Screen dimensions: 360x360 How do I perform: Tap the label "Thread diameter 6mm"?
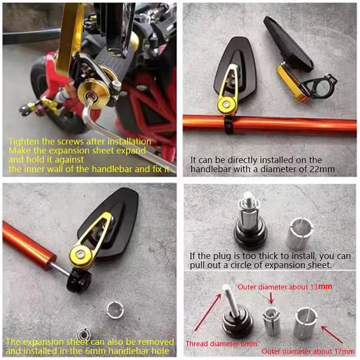pyautogui.click(x=221, y=344)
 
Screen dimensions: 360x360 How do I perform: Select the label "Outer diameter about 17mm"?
pyautogui.click(x=308, y=351)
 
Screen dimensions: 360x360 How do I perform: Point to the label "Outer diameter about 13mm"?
pyautogui.click(x=285, y=287)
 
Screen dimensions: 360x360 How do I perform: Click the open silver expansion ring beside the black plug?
pyautogui.click(x=115, y=311)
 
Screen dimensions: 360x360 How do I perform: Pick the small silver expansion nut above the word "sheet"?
pyautogui.click(x=84, y=334)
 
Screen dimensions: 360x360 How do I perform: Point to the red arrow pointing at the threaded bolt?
pyautogui.click(x=207, y=312)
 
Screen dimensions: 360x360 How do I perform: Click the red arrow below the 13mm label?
pyautogui.click(x=272, y=298)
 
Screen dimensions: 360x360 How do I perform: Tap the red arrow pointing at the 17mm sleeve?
pyautogui.click(x=332, y=335)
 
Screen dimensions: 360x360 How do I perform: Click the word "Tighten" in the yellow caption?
pyautogui.click(x=24, y=141)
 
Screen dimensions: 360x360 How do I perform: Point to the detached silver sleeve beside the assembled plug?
pyautogui.click(x=299, y=234)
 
